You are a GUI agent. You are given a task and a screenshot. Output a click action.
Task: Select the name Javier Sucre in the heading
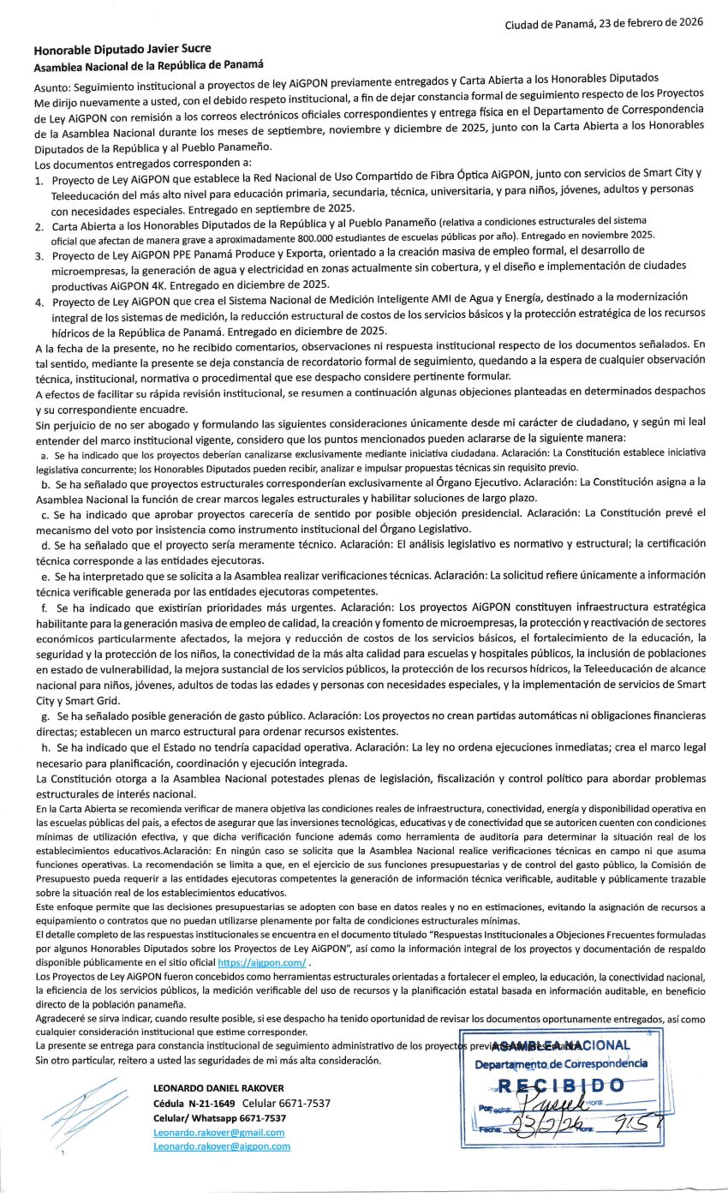[x=175, y=49]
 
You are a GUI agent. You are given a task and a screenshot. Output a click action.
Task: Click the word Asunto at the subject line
[x=52, y=87]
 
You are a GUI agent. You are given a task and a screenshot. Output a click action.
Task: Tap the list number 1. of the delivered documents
[x=39, y=182]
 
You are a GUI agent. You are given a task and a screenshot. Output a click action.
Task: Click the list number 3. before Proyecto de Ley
[x=39, y=255]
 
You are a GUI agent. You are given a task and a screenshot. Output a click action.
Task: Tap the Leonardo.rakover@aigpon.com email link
[x=221, y=1146]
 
